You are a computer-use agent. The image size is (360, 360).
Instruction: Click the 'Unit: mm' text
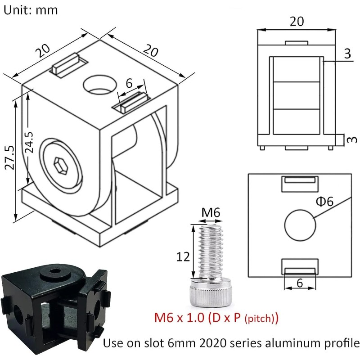pos(31,10)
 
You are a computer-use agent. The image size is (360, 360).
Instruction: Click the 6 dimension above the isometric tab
pos(129,83)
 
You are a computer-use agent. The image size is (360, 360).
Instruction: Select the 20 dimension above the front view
pos(297,21)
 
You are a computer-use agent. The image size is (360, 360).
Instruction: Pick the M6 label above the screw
pos(210,212)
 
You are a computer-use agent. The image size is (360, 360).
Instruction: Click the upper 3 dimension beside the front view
pos(347,54)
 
